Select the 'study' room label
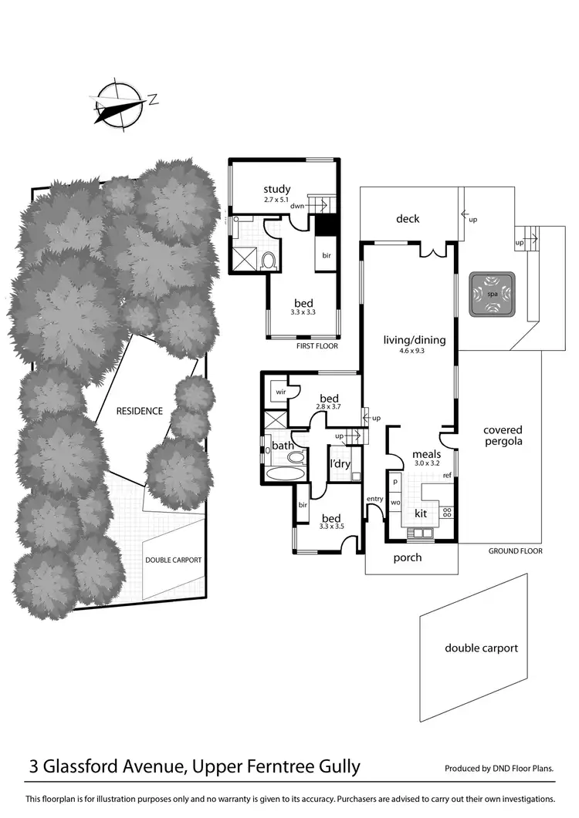click(276, 189)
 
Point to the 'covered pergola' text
click(503, 436)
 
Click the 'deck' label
click(408, 219)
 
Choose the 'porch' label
click(407, 557)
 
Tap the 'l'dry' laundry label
click(340, 464)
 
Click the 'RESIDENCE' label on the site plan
click(139, 411)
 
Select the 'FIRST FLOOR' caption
click(317, 347)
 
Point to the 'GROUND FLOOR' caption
click(515, 551)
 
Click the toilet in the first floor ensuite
click(268, 261)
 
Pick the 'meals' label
click(425, 455)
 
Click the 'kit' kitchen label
click(421, 513)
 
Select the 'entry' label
click(374, 499)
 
